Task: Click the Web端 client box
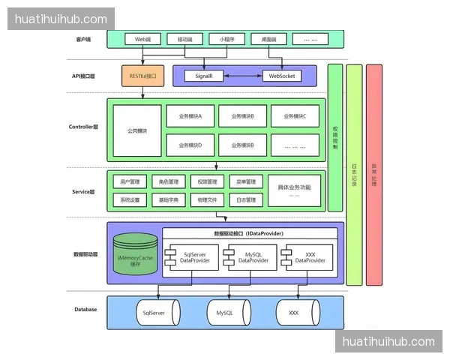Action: pyautogui.click(x=142, y=38)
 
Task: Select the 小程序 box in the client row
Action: pyautogui.click(x=227, y=38)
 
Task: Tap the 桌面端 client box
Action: pyautogui.click(x=269, y=38)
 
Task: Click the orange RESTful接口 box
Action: pyautogui.click(x=142, y=76)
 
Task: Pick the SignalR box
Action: pyautogui.click(x=205, y=76)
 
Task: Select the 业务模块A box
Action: pyautogui.click(x=195, y=116)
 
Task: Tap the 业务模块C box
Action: pyautogui.click(x=295, y=116)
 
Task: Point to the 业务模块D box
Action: pyautogui.click(x=195, y=145)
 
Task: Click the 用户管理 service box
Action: pyautogui.click(x=130, y=181)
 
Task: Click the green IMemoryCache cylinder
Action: pyautogui.click(x=135, y=257)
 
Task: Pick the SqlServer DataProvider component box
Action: pyautogui.click(x=192, y=257)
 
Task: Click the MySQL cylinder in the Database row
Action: pyautogui.click(x=225, y=312)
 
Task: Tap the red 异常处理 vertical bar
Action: pyautogui.click(x=374, y=175)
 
